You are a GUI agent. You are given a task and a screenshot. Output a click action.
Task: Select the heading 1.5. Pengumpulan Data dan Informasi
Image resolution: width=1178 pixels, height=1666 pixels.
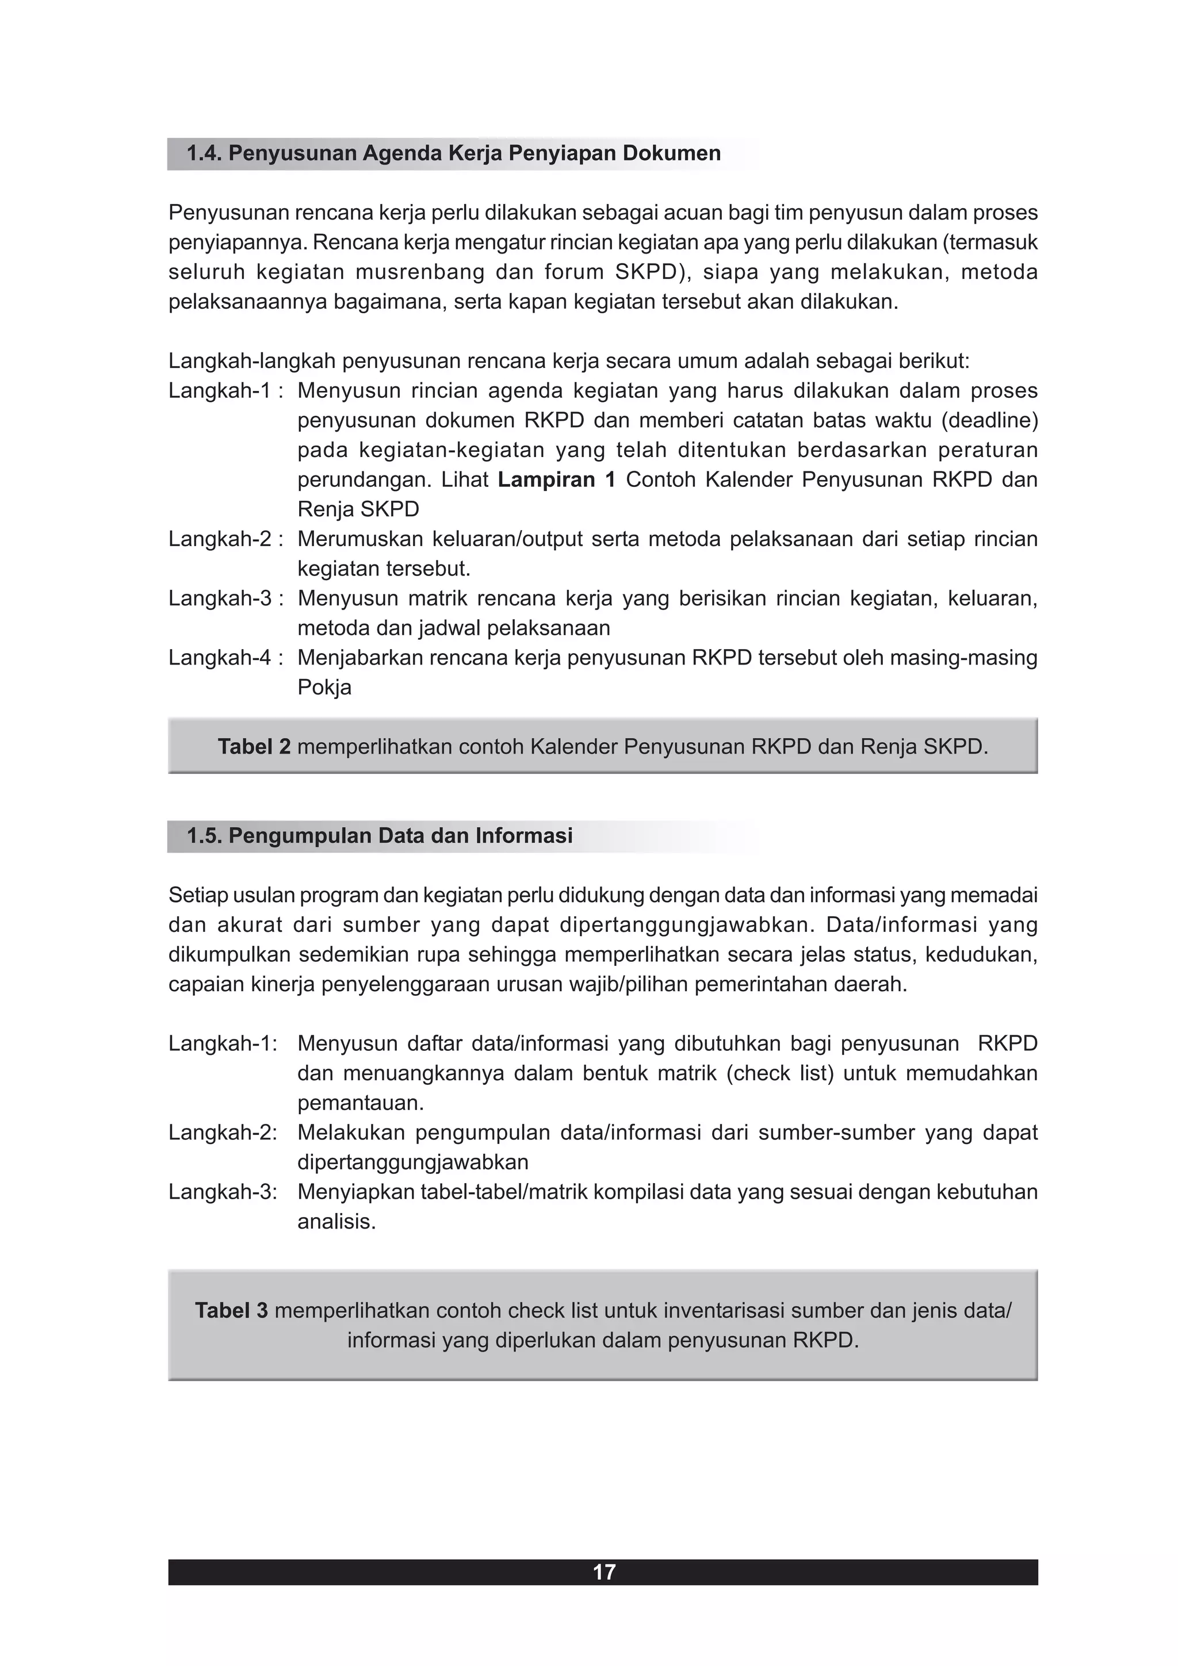click(379, 836)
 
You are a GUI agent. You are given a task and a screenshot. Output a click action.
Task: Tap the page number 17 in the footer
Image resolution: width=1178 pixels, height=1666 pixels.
click(603, 1572)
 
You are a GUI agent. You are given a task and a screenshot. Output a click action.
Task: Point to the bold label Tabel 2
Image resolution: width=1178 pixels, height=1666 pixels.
click(254, 747)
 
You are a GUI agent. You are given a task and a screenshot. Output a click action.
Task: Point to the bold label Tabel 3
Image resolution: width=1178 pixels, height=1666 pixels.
click(231, 1311)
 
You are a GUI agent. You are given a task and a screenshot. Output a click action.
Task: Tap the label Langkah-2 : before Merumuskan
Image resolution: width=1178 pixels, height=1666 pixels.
click(225, 539)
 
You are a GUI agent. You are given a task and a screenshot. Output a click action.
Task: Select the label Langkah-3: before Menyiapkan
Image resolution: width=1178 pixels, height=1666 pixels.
click(223, 1192)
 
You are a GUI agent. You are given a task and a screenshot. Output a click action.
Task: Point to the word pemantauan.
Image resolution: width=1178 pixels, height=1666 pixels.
click(360, 1103)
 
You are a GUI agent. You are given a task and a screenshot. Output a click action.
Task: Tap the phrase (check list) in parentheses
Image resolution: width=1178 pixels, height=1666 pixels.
click(779, 1073)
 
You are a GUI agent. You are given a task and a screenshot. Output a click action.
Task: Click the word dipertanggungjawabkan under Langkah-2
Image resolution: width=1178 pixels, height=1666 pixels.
click(412, 1162)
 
